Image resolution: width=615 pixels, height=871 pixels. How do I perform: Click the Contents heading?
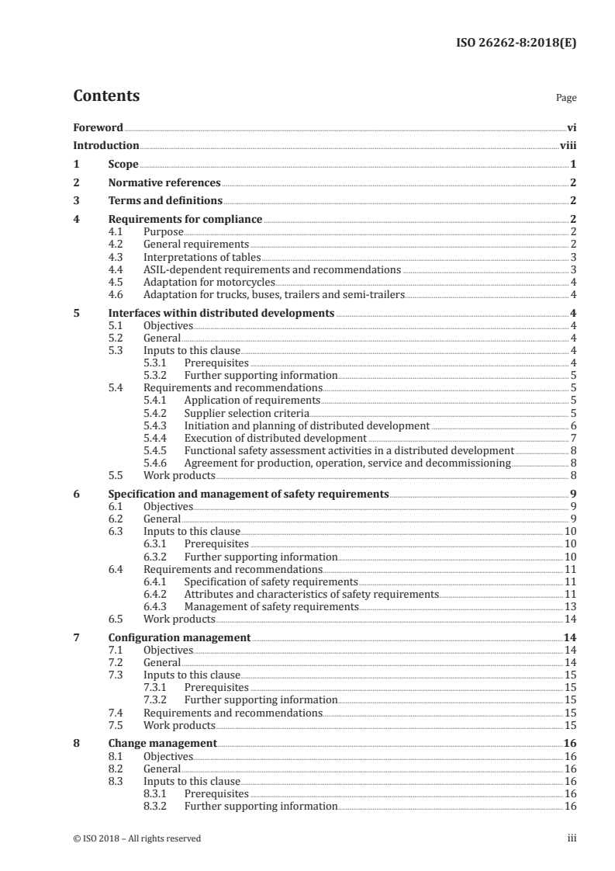pos(106,96)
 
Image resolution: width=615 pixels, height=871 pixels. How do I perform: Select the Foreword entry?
pos(98,127)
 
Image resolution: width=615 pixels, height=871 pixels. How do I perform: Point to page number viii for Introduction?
pos(568,146)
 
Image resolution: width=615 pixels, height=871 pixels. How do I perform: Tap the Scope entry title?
pos(123,165)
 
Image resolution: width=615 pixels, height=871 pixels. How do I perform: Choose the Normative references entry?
pos(164,183)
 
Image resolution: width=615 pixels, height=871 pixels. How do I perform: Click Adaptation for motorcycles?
pos(199,282)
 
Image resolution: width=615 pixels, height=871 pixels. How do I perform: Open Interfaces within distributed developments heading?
pos(221,314)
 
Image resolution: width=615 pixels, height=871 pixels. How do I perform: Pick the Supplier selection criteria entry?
pos(247,413)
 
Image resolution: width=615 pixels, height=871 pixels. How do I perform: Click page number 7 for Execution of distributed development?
pos(572,438)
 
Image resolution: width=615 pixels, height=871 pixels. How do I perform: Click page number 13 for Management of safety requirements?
pos(570,606)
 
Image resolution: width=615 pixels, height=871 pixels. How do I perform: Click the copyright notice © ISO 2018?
pos(137,838)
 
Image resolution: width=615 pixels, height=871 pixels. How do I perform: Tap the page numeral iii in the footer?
pos(572,838)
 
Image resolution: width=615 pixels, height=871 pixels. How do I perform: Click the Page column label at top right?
pos(566,99)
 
